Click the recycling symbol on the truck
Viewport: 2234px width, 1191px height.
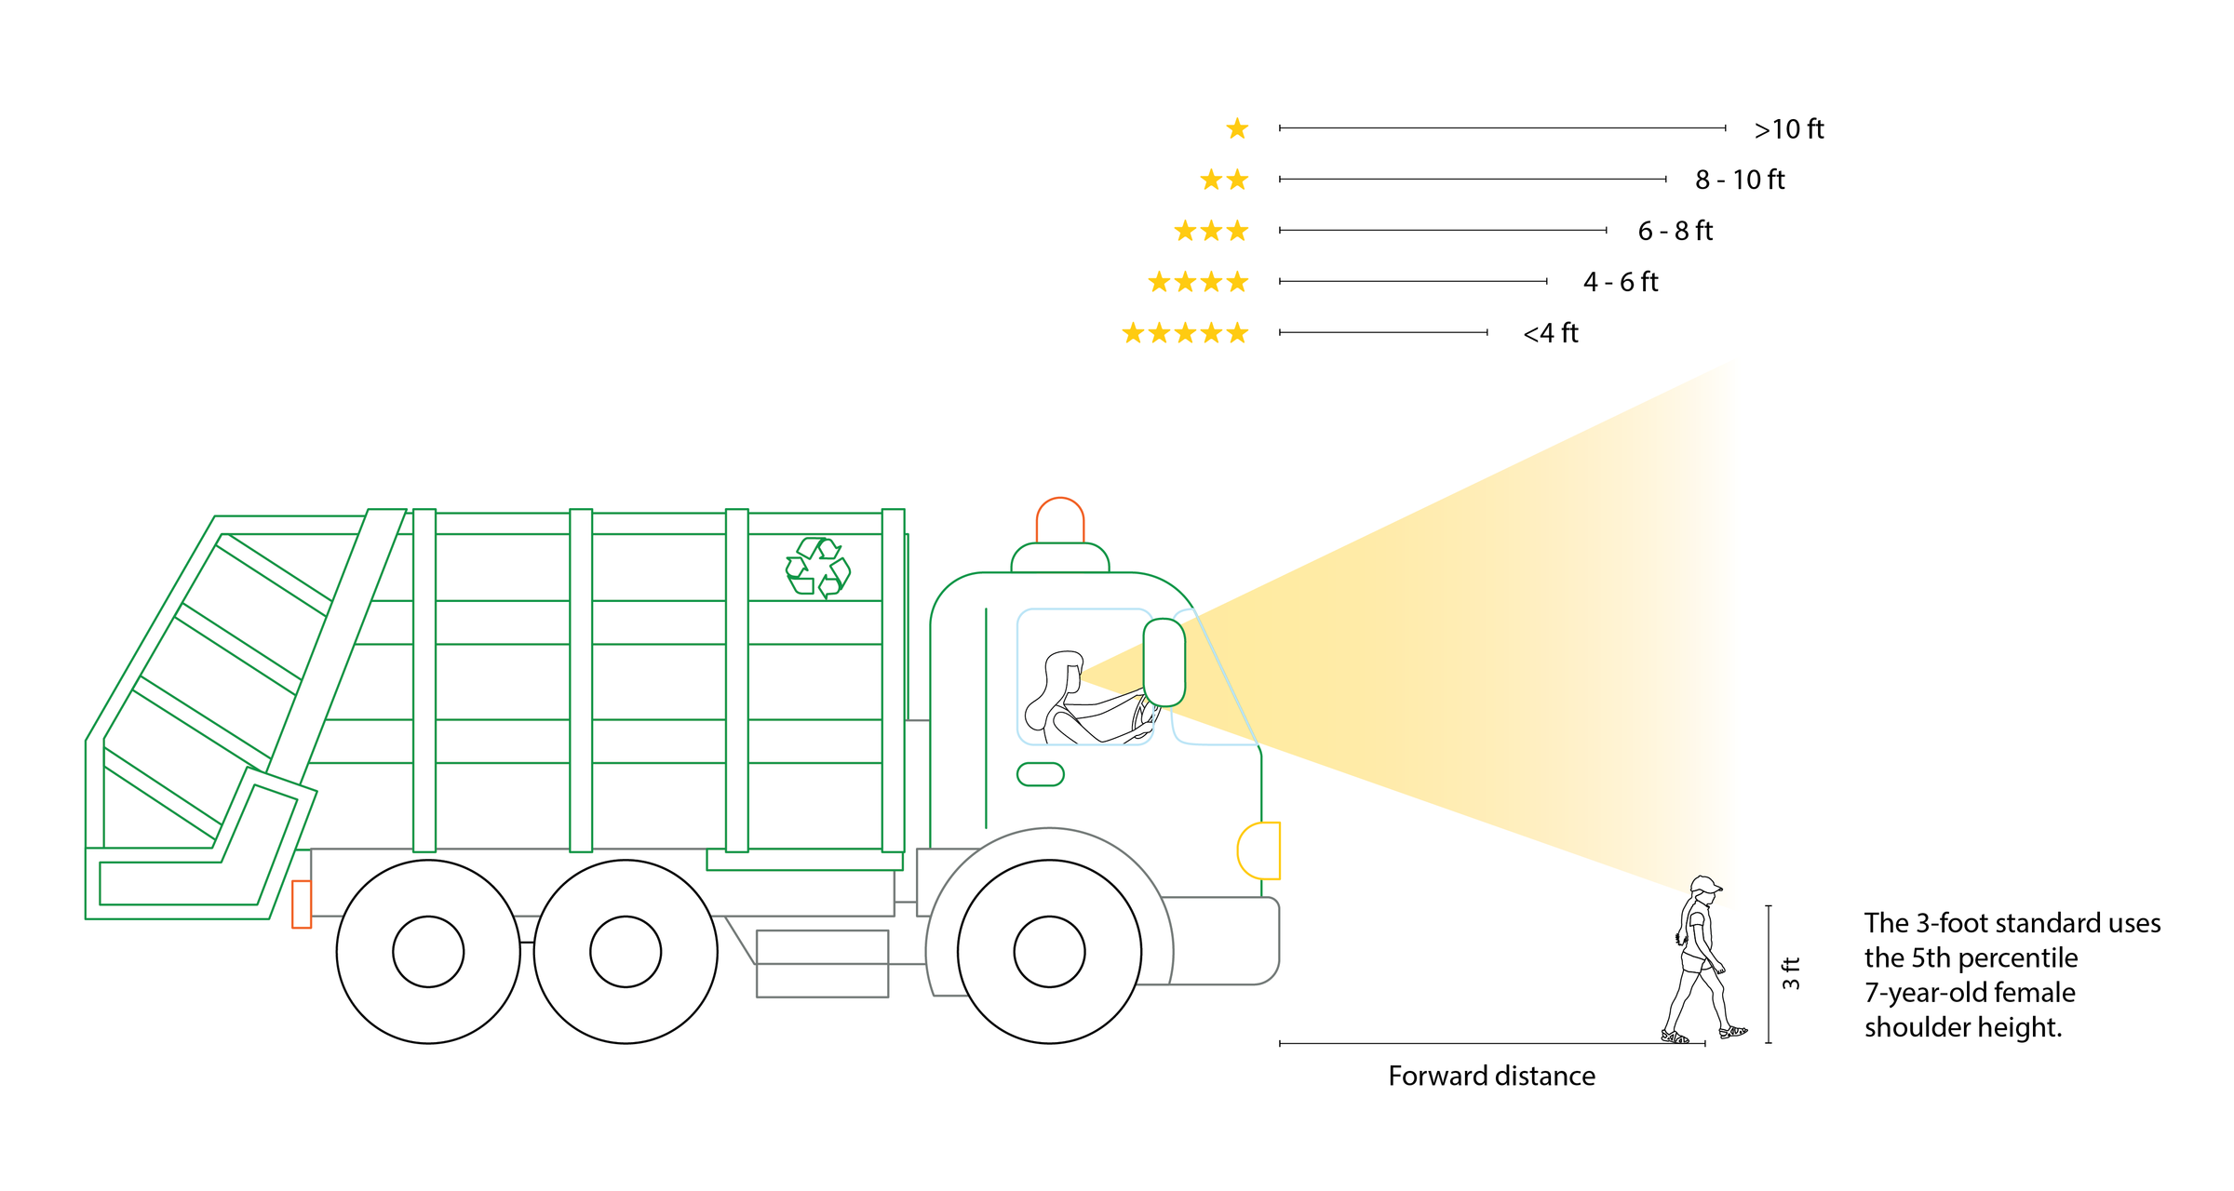pos(817,568)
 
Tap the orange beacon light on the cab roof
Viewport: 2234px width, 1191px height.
pos(1059,521)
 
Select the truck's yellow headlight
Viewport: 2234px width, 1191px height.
pos(1259,850)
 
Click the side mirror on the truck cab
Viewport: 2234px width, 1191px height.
pos(1164,662)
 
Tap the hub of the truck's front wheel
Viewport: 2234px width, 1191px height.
pos(1049,952)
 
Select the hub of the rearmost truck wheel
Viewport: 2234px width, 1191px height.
pos(428,952)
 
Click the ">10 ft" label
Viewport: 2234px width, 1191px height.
pos(1788,129)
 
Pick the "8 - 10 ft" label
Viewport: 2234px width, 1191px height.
pos(1739,180)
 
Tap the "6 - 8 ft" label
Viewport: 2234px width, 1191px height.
pos(1675,231)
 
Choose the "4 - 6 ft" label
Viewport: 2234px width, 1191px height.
pos(1620,282)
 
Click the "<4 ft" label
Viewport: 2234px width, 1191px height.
pos(1550,333)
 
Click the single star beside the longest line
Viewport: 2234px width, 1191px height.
pos(1237,128)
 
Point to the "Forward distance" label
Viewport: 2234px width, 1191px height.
pos(1491,1077)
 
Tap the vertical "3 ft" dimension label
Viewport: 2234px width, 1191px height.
pos(1791,972)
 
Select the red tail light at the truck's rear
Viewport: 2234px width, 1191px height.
pos(302,903)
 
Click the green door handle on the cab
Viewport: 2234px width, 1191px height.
pos(1040,774)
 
